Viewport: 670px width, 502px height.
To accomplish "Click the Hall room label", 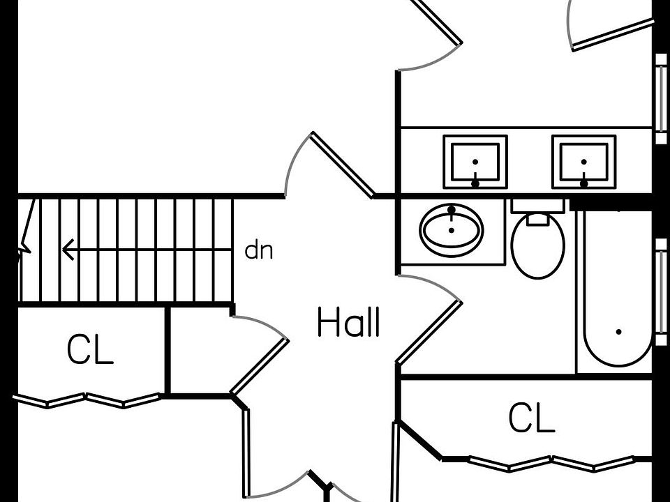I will [x=348, y=324].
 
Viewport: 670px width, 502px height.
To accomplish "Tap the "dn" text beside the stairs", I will [x=259, y=251].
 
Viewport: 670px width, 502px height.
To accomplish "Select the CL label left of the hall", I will [x=90, y=350].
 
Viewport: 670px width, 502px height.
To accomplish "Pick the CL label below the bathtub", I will [x=531, y=418].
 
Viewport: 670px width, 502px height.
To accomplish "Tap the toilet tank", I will [x=537, y=206].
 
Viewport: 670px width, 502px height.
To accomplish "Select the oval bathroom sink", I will [x=452, y=230].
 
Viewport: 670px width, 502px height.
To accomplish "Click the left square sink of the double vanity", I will [x=475, y=162].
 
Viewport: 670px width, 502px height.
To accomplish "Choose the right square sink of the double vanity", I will [x=584, y=162].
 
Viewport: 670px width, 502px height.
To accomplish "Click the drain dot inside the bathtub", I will [x=618, y=333].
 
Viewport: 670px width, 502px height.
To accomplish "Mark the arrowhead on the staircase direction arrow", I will [x=68, y=249].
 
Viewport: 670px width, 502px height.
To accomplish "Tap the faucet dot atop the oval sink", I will [x=452, y=210].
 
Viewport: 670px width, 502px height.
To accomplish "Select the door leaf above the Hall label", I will [x=342, y=165].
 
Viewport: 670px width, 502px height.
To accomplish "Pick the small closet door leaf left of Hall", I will [x=259, y=366].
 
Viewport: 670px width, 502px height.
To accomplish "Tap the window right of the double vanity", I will [x=661, y=98].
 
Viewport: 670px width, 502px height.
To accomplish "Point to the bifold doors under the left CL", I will [x=87, y=400].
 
